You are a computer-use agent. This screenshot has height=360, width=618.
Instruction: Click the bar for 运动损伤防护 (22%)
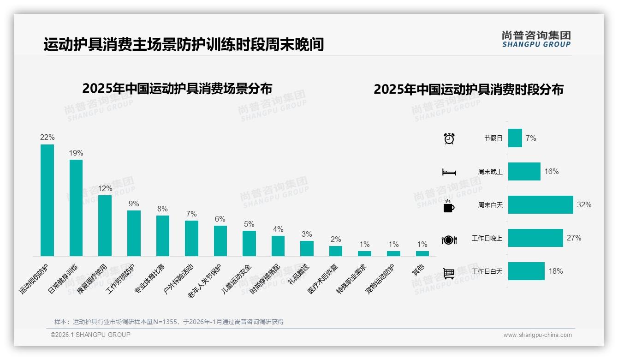coord(47,200)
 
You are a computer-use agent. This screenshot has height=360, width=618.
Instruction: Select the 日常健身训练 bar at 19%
coord(76,208)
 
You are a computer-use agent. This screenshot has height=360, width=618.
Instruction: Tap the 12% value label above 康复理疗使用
coord(105,188)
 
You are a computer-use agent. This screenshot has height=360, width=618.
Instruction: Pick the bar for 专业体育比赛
coord(163,235)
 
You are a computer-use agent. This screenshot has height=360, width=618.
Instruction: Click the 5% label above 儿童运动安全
coord(249,224)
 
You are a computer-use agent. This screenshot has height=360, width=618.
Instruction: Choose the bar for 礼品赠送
coord(307,248)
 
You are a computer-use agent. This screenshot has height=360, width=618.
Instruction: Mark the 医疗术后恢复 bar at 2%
coord(336,251)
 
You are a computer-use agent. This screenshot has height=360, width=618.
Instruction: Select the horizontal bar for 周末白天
coord(541,204)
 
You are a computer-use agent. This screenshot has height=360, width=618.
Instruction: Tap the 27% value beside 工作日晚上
coord(574,238)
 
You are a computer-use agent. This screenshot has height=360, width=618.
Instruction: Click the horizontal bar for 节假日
coord(515,138)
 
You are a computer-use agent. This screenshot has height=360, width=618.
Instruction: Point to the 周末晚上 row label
coord(490,172)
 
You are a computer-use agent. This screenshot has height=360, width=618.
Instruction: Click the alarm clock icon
coord(449,138)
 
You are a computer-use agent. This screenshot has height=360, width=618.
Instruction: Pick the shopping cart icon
coord(449,273)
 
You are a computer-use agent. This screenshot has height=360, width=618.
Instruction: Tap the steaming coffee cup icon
coord(449,206)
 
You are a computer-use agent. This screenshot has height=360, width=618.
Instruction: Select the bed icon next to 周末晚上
coord(449,172)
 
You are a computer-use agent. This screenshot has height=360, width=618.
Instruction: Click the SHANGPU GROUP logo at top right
coord(536,39)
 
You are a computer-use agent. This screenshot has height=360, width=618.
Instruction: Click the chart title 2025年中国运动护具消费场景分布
coord(177,88)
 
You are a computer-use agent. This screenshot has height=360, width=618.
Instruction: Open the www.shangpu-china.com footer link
coord(537,335)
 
